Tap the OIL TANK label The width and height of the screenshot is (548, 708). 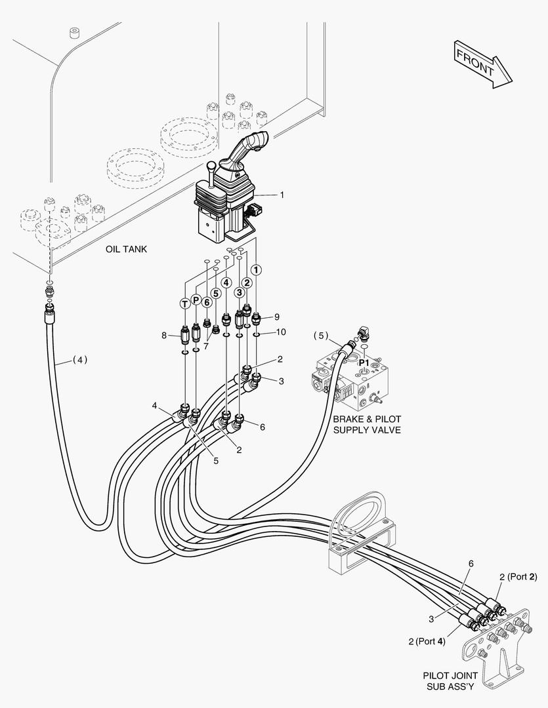[x=126, y=249]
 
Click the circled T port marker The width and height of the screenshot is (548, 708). [x=185, y=302]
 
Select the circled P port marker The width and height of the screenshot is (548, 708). [x=196, y=300]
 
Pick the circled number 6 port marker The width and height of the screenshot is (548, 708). [x=206, y=302]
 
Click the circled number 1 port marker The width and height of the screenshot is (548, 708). [x=257, y=269]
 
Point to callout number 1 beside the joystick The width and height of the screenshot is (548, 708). [x=282, y=195]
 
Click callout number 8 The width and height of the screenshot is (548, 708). [x=165, y=336]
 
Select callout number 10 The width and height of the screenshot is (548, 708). [x=281, y=332]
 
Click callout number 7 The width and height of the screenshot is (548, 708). [x=205, y=345]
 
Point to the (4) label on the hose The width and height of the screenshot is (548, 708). [x=79, y=359]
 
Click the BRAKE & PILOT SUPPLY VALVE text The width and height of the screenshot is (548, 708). [x=366, y=424]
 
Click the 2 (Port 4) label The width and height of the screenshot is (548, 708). [x=427, y=641]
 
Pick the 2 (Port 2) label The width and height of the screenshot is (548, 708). [x=518, y=577]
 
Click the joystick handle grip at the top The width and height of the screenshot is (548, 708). [x=256, y=142]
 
